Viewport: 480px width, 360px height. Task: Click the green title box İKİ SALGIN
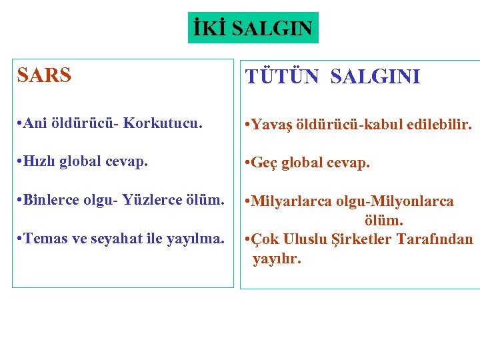253,28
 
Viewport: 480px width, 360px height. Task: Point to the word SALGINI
375,77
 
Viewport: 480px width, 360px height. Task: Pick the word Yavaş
273,125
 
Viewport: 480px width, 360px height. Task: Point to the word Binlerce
51,201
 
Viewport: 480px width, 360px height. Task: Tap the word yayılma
199,239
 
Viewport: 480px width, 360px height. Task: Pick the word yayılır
277,258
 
